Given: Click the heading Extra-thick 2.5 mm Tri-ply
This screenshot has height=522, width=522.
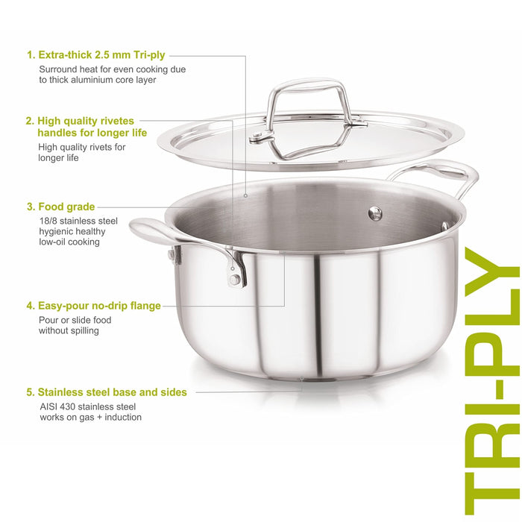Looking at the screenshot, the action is point(101,54).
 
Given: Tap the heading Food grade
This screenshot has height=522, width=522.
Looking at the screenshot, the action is point(66,207).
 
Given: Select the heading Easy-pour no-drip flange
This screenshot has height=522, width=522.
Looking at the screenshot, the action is point(99,306).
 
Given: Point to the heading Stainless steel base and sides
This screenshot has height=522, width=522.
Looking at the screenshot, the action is point(112,392).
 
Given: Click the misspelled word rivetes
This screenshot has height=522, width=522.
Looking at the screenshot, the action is point(112,121).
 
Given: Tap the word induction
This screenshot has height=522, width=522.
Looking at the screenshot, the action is point(123,417).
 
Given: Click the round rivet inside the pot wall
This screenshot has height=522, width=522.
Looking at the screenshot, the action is point(375,213).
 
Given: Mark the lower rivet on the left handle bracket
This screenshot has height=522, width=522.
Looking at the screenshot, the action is point(234,280).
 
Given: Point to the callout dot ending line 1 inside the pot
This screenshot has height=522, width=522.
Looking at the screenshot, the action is point(245,195).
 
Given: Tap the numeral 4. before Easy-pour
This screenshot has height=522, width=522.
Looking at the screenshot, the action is point(31,306).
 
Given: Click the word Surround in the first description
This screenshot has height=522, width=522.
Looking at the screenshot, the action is point(58,69).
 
